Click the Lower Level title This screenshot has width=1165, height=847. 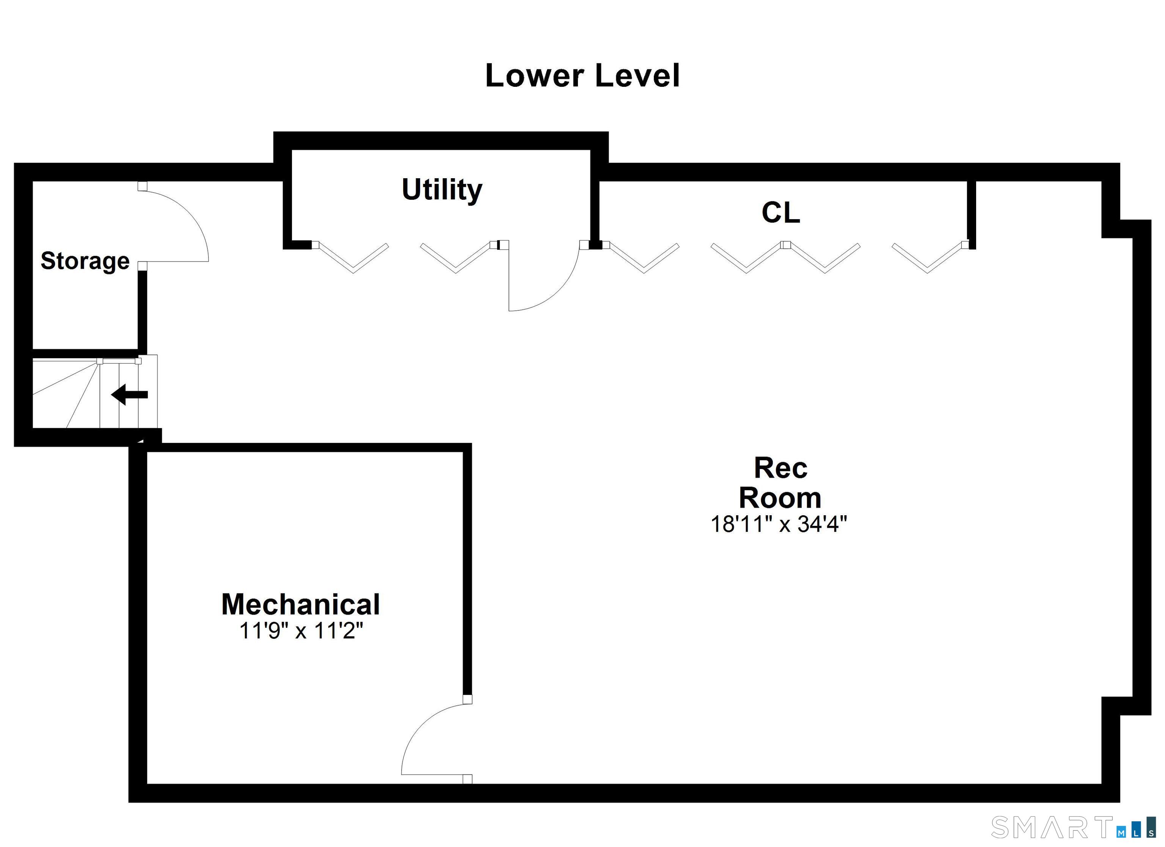pos(582,76)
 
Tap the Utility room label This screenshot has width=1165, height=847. pos(442,190)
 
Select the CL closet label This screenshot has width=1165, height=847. pos(780,212)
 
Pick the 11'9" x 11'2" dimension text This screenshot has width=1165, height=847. pos(301,631)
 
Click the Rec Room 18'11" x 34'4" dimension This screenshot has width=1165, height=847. pos(779,524)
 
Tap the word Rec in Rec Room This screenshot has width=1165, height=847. pos(780,468)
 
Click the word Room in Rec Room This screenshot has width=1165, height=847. pos(780,498)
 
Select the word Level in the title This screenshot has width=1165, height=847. pos(637,76)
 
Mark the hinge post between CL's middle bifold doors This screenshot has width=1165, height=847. pos(785,245)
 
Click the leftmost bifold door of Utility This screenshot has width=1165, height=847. pos(352,257)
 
